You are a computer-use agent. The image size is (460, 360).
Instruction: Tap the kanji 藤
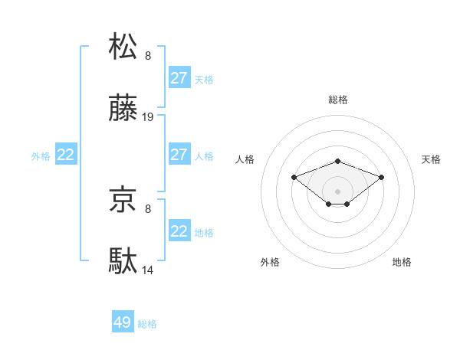tap(123, 110)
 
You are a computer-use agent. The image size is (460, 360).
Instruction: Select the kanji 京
tap(123, 201)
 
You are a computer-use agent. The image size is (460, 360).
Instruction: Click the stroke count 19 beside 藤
tap(148, 117)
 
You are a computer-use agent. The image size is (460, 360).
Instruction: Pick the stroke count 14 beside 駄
tap(148, 270)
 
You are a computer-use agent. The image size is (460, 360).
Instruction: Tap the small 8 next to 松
tap(148, 55)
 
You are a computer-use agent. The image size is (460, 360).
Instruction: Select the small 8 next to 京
tap(148, 208)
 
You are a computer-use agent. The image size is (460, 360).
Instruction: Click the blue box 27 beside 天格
tap(179, 78)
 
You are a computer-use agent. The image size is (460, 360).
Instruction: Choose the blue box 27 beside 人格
tap(179, 155)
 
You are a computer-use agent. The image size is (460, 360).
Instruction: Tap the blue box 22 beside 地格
tap(179, 231)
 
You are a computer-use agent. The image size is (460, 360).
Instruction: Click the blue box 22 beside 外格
tap(66, 155)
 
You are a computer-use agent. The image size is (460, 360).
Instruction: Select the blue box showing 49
tap(123, 322)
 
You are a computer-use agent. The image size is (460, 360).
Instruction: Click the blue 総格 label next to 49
tap(148, 324)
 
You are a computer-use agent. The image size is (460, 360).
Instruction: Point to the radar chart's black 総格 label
tap(338, 100)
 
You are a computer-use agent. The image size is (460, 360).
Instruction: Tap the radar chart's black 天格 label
tap(431, 159)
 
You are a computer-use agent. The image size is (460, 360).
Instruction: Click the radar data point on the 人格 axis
tap(294, 177)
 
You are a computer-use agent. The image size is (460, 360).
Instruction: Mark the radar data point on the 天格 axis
tap(382, 177)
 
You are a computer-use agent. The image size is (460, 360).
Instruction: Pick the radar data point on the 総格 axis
tap(338, 161)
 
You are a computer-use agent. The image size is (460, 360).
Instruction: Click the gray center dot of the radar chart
tap(338, 191)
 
